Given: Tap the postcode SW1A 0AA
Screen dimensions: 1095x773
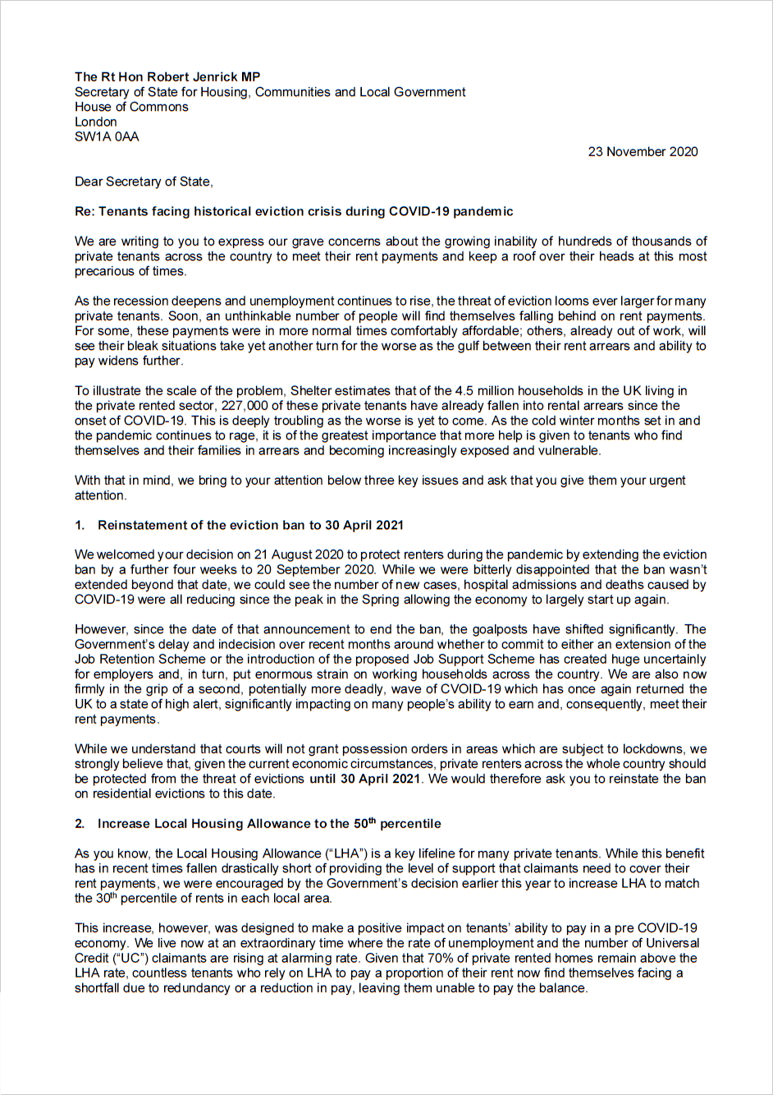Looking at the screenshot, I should click(107, 136).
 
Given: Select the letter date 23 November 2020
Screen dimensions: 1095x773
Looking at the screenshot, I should click(643, 151).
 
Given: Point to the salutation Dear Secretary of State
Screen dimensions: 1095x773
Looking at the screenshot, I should click(144, 182).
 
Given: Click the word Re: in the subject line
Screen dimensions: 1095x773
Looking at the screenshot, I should click(85, 211).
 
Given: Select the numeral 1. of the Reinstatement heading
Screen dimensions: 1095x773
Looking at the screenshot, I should click(80, 525).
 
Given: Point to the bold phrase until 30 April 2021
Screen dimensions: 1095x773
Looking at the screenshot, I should click(364, 779).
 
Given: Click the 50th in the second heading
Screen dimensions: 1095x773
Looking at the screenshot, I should click(364, 823).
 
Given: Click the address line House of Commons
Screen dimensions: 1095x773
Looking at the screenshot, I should click(131, 107).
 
